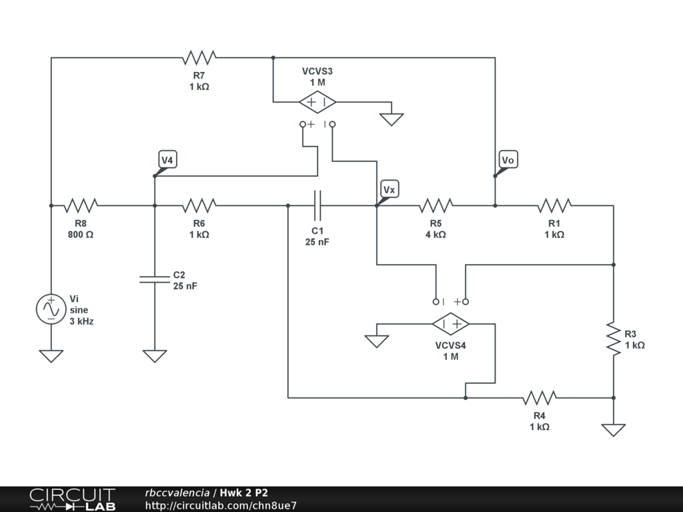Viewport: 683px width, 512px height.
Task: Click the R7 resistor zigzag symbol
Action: (x=199, y=57)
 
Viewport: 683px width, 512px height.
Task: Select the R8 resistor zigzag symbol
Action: (x=81, y=205)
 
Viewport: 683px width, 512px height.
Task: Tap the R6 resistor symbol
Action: (x=199, y=205)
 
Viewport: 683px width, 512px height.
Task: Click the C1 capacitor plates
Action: (x=317, y=205)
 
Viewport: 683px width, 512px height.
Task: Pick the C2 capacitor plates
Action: (x=155, y=279)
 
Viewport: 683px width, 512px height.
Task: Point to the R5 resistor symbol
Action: (x=436, y=205)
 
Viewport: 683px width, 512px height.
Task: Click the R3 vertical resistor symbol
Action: (x=614, y=339)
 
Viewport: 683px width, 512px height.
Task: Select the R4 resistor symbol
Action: (x=540, y=398)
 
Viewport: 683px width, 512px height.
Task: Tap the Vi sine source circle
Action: (x=51, y=309)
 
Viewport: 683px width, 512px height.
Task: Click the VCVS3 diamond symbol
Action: (x=317, y=102)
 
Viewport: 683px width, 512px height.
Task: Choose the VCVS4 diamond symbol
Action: (x=451, y=324)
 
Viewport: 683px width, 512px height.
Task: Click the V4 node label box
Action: (x=167, y=160)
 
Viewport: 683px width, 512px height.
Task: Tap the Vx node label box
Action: (x=389, y=189)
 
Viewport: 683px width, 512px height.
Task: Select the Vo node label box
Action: (x=508, y=160)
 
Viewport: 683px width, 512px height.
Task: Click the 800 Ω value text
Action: (x=81, y=235)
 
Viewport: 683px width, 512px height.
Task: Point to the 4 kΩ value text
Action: (x=436, y=235)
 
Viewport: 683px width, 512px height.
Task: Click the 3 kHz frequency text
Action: (x=82, y=321)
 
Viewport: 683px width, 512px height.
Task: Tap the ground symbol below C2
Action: (x=155, y=356)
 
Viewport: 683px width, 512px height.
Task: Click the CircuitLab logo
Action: (x=73, y=499)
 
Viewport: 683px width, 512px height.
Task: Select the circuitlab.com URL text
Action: (x=221, y=505)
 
